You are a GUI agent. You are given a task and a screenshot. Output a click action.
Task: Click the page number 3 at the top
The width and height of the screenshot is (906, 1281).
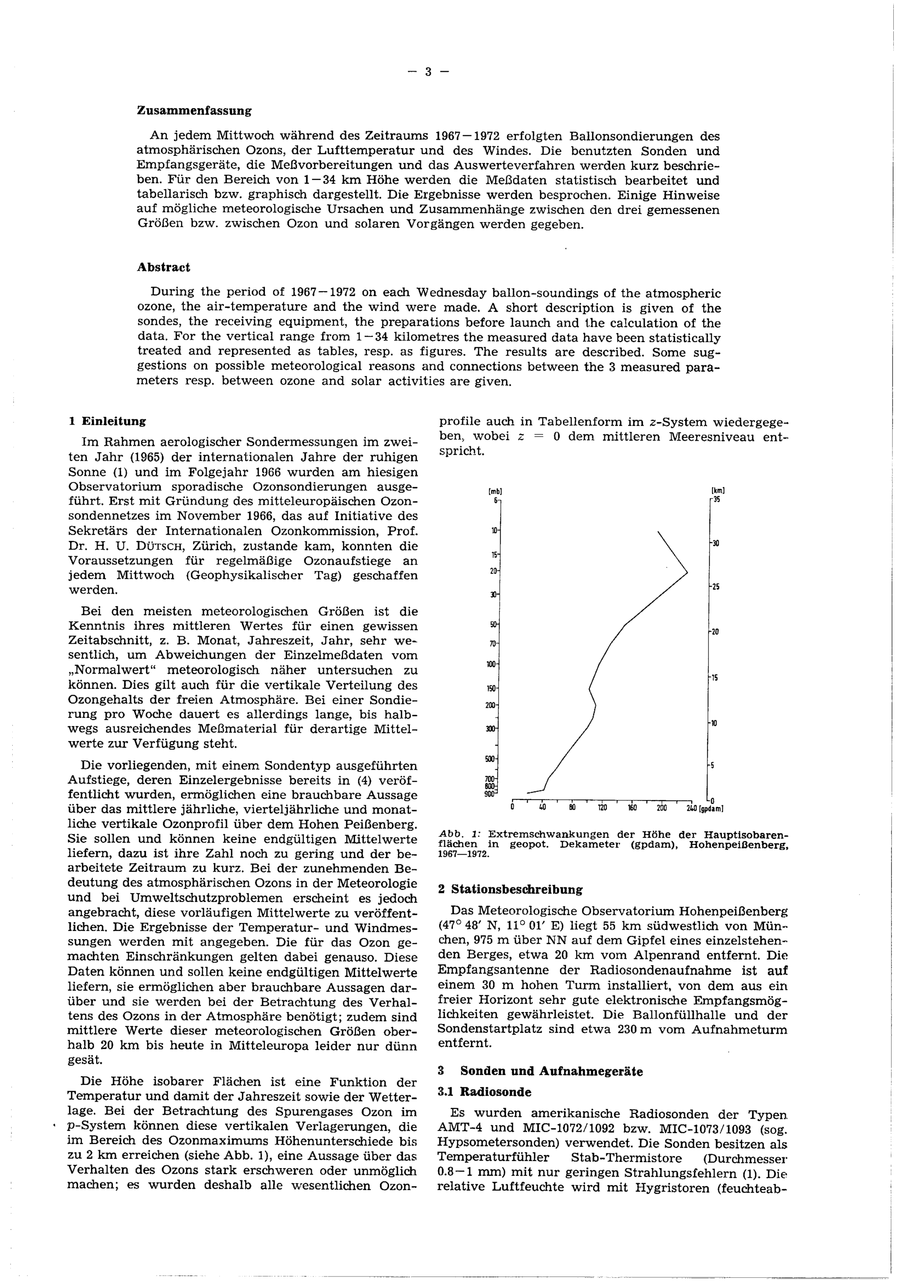tap(429, 72)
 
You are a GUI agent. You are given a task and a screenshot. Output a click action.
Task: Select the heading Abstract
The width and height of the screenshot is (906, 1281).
tap(164, 267)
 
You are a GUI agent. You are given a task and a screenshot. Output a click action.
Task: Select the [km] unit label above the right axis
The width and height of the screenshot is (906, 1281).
tap(718, 491)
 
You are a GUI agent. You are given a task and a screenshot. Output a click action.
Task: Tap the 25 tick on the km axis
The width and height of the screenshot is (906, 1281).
tap(715, 587)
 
